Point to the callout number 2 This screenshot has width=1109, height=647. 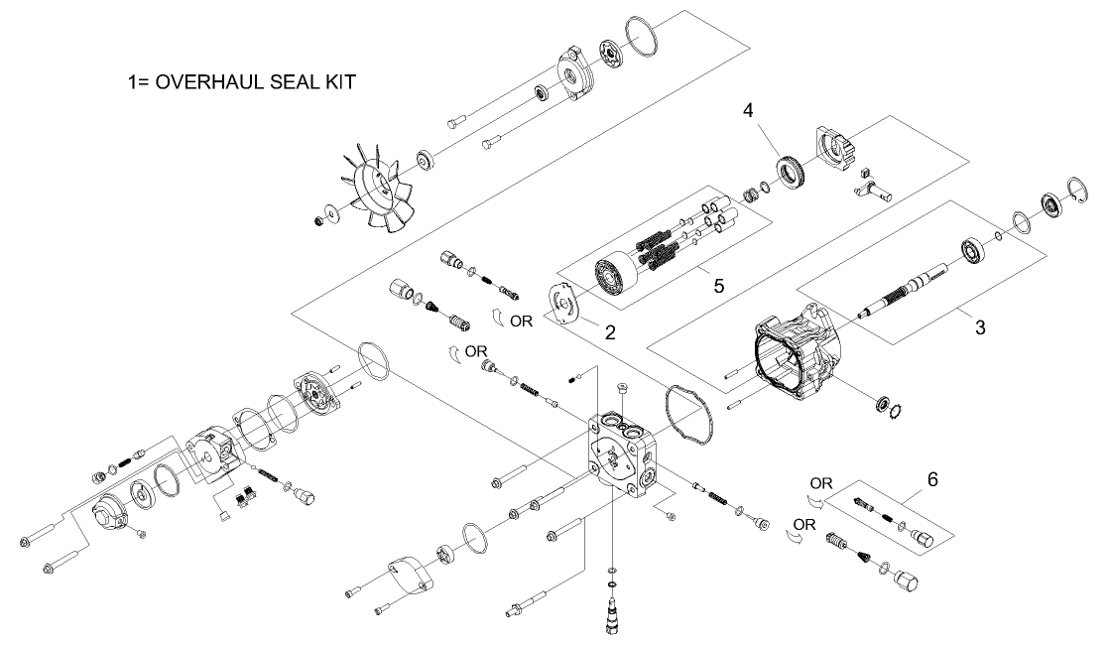point(610,333)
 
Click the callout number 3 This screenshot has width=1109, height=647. point(979,326)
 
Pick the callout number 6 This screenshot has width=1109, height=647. point(932,478)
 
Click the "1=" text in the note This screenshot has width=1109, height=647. point(132,81)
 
